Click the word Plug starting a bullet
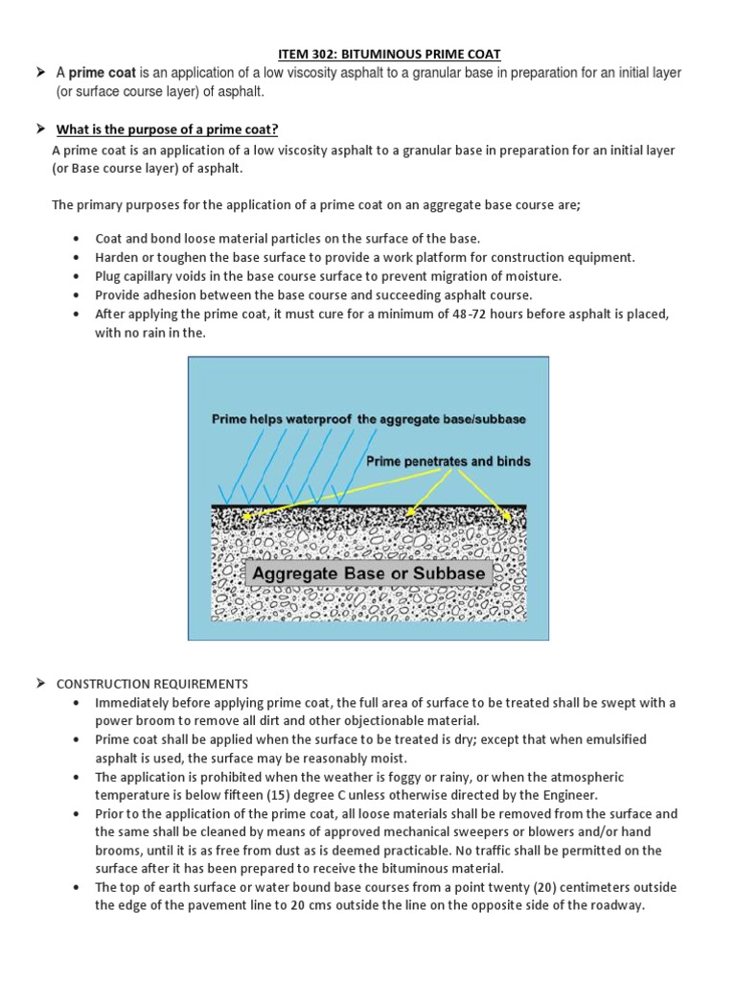pyautogui.click(x=108, y=276)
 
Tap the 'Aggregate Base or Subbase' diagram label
pyautogui.click(x=369, y=573)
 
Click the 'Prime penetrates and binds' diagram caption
pyautogui.click(x=448, y=461)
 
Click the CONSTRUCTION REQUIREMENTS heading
pyautogui.click(x=152, y=684)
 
